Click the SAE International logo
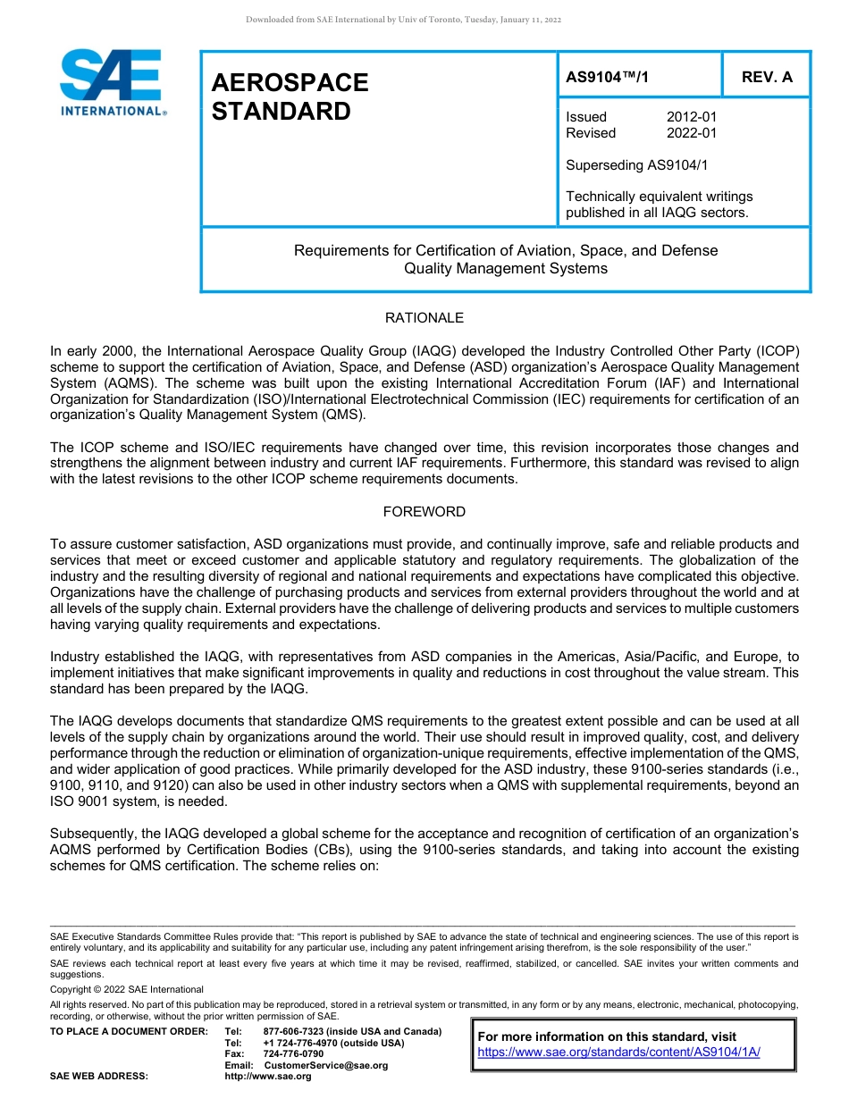(112, 82)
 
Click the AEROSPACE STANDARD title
(290, 96)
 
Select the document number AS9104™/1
(608, 77)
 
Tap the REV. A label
(766, 77)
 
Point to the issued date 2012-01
(691, 117)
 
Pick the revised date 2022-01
(691, 133)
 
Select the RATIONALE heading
(424, 318)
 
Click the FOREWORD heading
(424, 512)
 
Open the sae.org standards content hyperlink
(618, 1052)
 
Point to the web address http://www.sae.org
(268, 1076)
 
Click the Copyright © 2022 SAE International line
(127, 989)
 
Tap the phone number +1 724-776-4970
(298, 1043)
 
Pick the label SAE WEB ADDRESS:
(99, 1076)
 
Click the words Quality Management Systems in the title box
(506, 268)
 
